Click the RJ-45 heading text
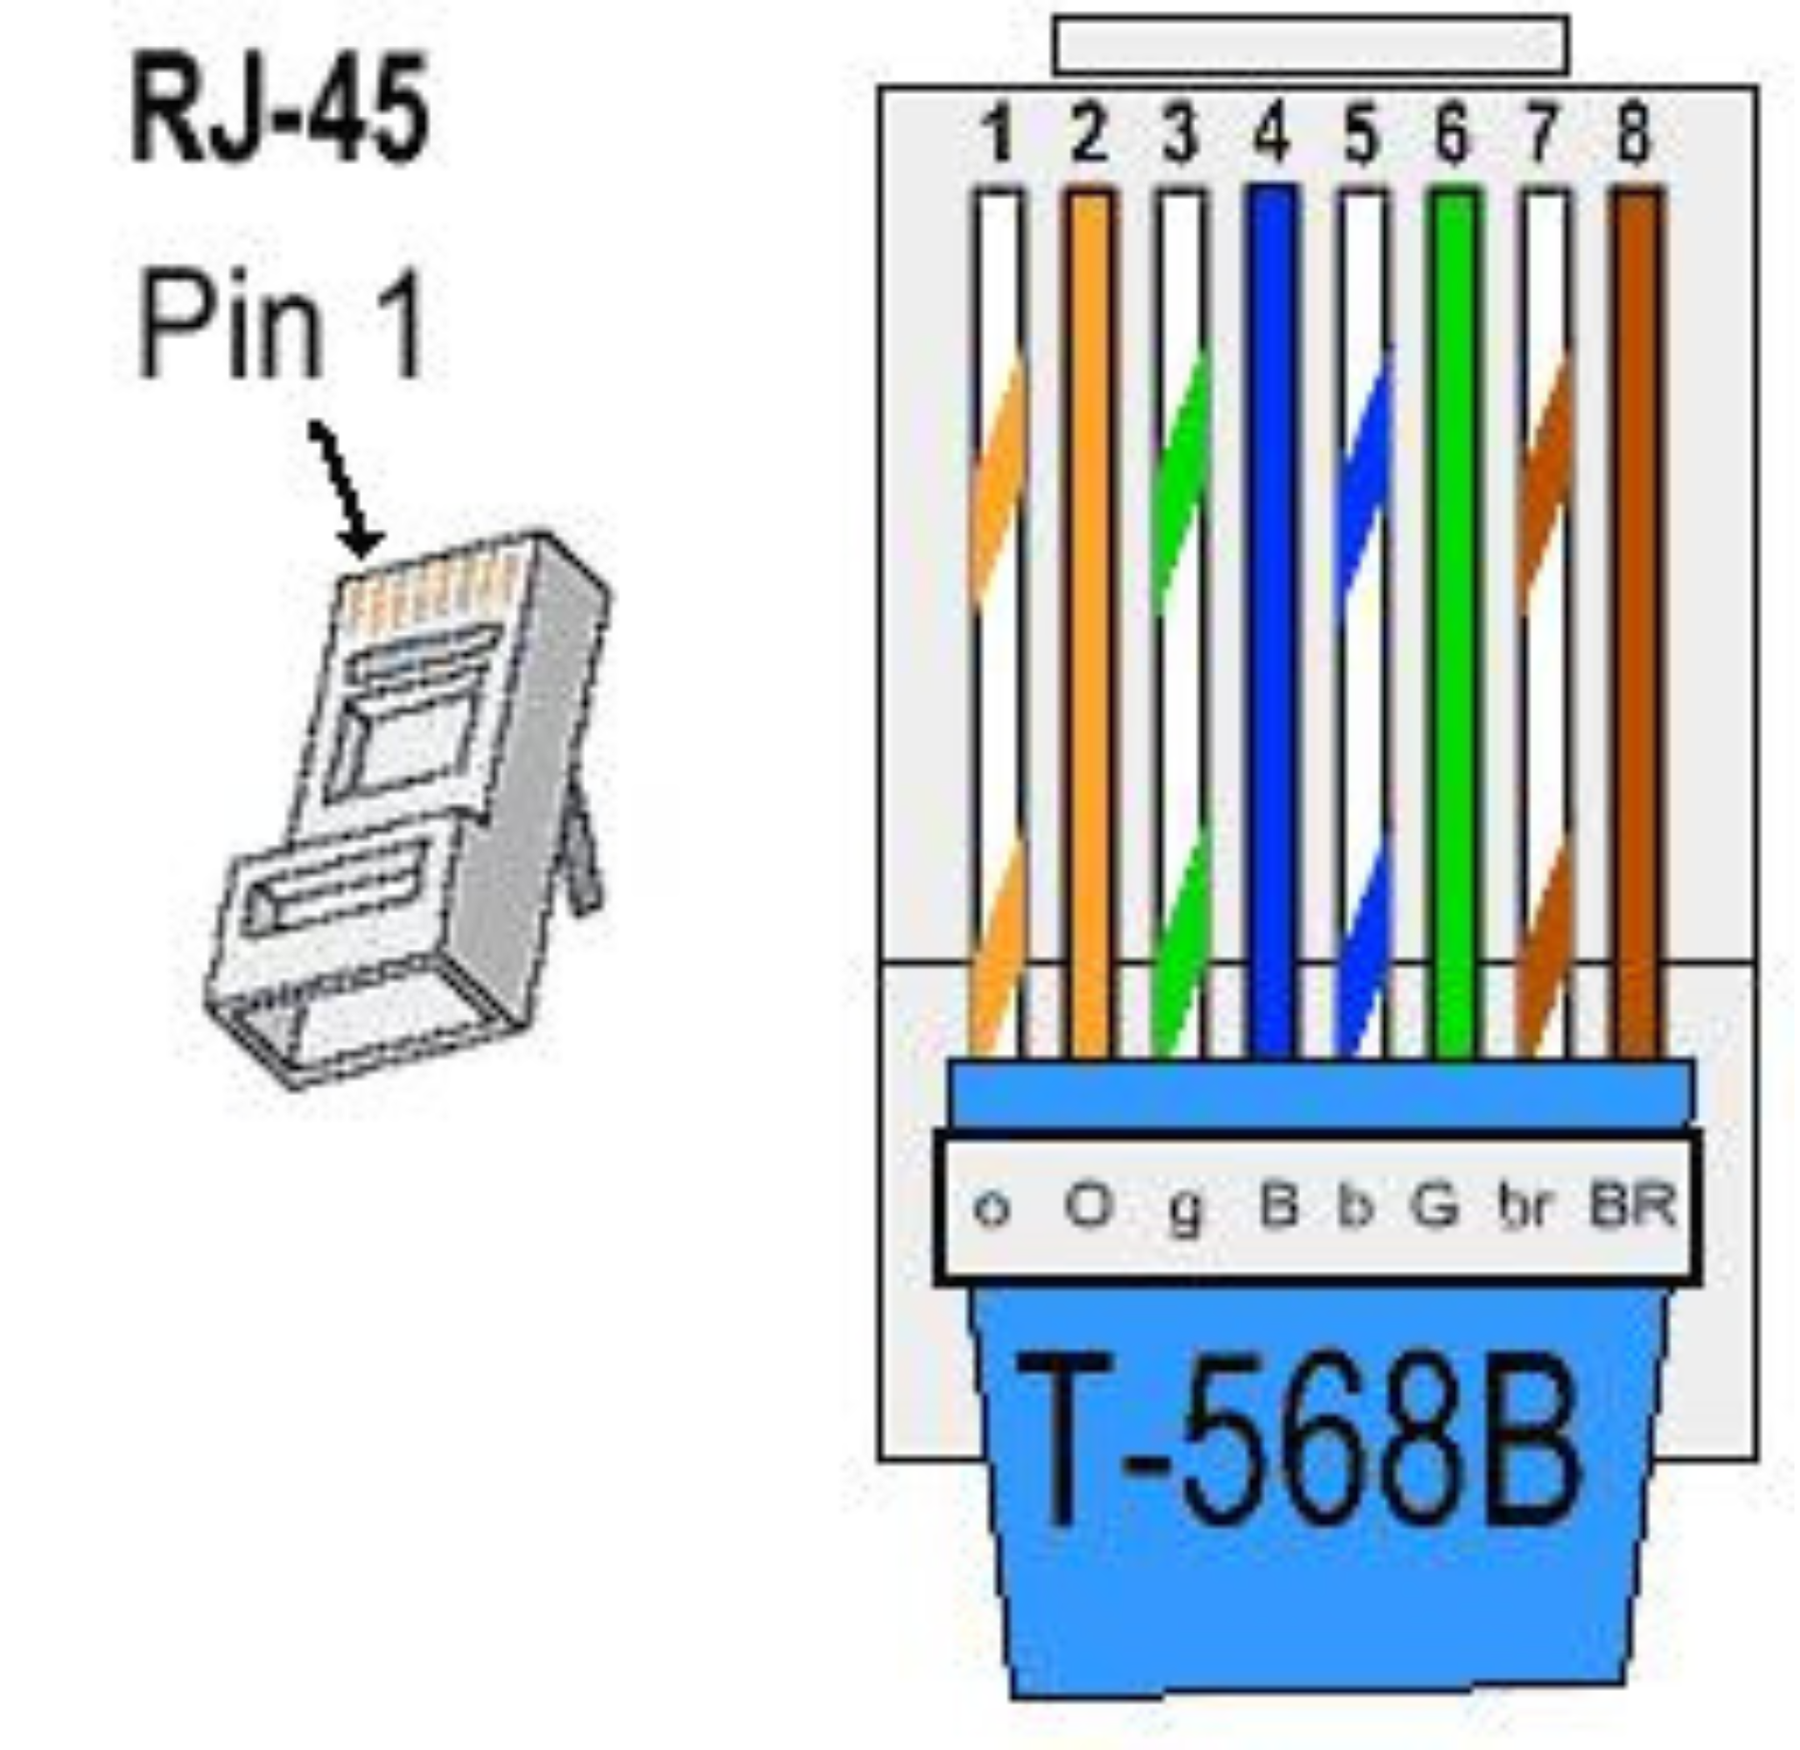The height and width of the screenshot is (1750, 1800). pyautogui.click(x=279, y=108)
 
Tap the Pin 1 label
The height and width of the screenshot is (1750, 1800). pyautogui.click(x=280, y=327)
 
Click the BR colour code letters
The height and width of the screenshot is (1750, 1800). pyautogui.click(x=1632, y=1204)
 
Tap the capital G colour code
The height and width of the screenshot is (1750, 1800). pyautogui.click(x=1435, y=1204)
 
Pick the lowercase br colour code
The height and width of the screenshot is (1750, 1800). pyautogui.click(x=1524, y=1206)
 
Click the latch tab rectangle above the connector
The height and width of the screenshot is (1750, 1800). pyautogui.click(x=1311, y=44)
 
